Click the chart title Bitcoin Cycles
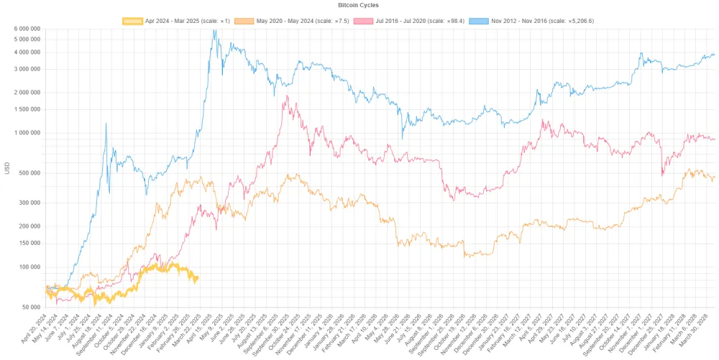[x=359, y=5]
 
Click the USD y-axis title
[x=7, y=168]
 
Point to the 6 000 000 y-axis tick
[x=24, y=29]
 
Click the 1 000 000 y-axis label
[x=24, y=133]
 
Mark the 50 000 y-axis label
[x=29, y=307]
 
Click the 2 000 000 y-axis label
[x=24, y=93]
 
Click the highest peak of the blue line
[x=214, y=30]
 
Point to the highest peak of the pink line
[x=287, y=96]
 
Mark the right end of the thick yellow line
[x=198, y=278]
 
